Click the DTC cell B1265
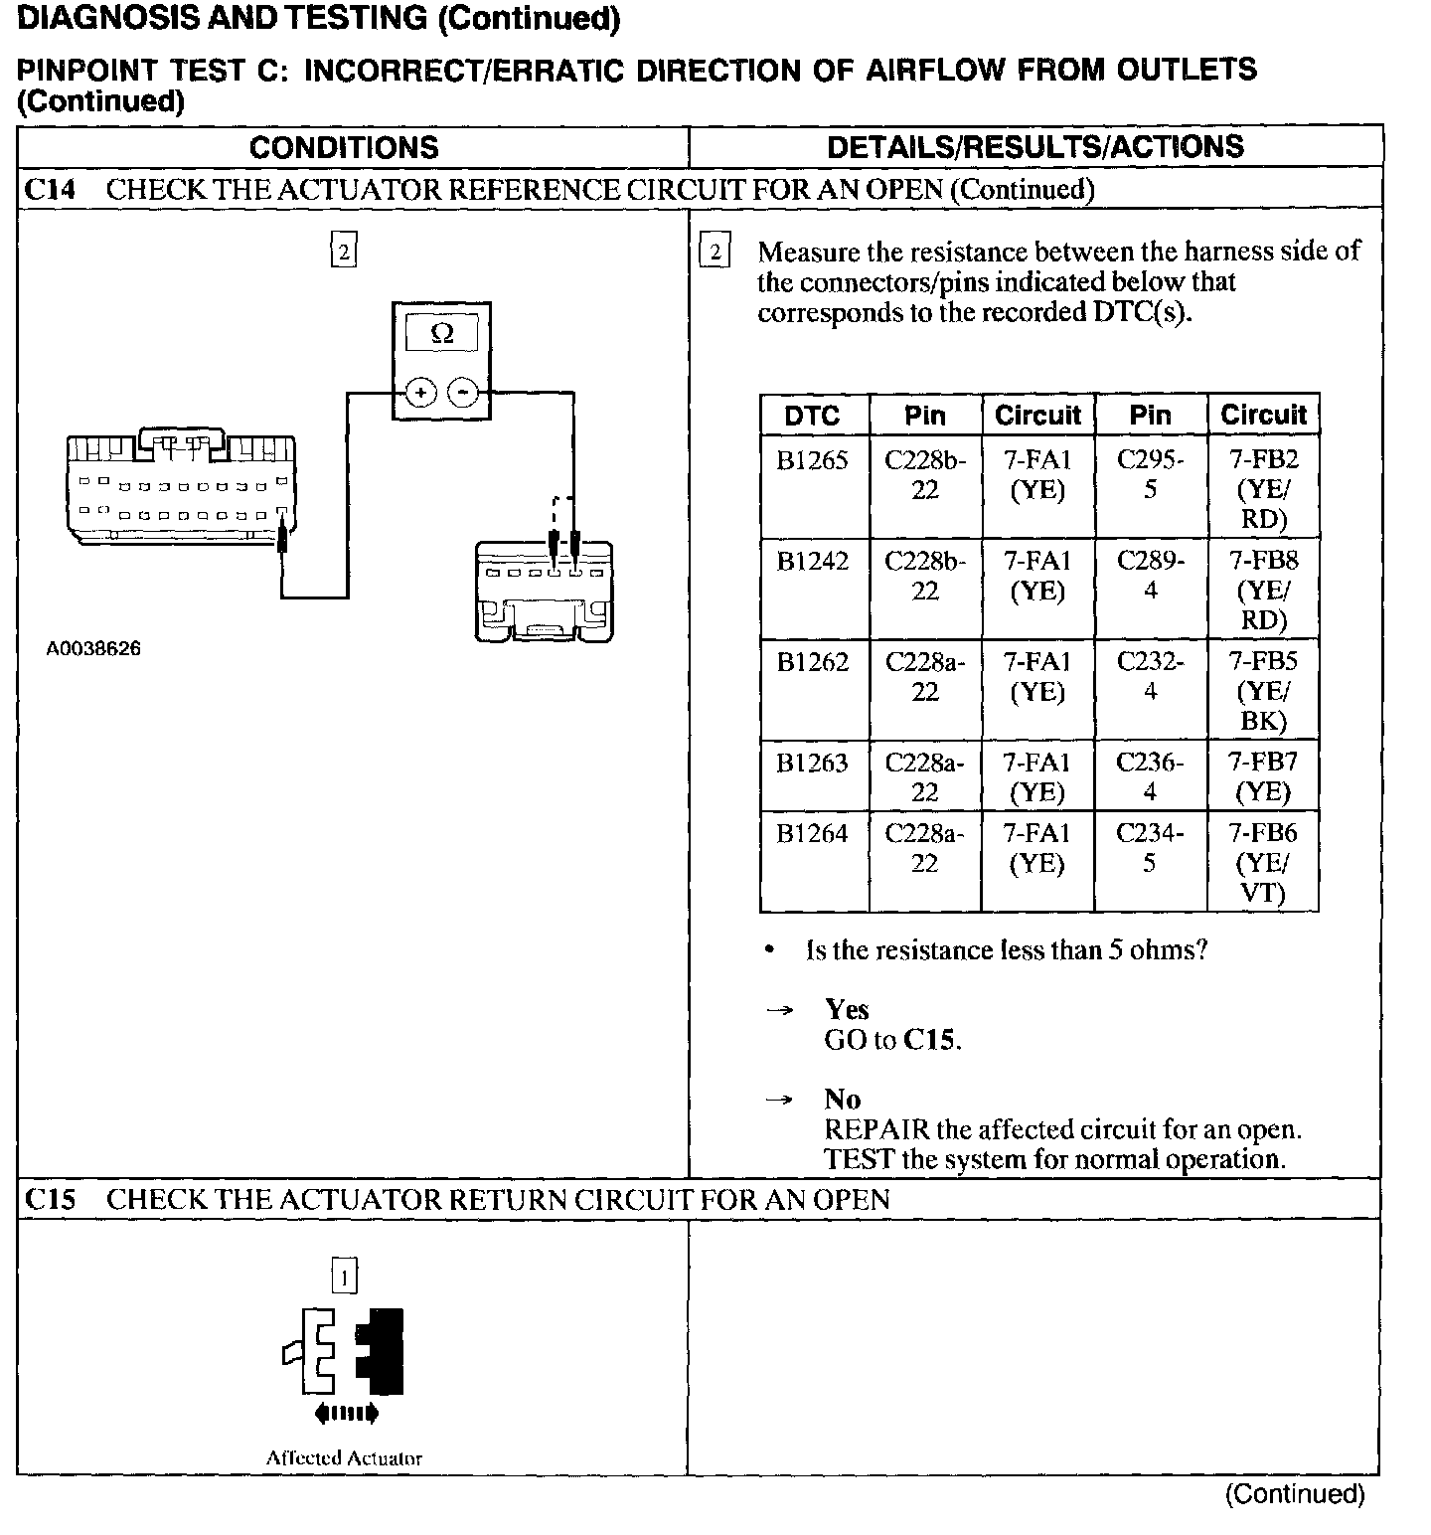point(813,460)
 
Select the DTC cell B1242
point(813,562)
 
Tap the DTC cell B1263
point(813,764)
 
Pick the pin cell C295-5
point(1150,474)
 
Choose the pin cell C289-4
point(1150,575)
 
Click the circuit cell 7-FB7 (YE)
point(1263,776)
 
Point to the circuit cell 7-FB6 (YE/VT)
point(1263,862)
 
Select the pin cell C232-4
point(1150,676)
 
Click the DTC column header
point(813,416)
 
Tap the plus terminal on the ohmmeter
point(420,393)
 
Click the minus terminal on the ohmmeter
point(462,393)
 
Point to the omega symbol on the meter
point(442,334)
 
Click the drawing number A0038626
point(93,649)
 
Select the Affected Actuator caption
point(344,1458)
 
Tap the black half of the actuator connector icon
point(382,1351)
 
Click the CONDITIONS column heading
point(344,148)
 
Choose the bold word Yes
point(847,1010)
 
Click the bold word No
point(843,1100)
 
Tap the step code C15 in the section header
point(50,1200)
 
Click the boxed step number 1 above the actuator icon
point(344,1277)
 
